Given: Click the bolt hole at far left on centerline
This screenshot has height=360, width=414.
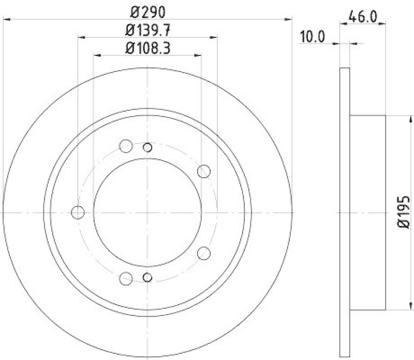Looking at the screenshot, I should pyautogui.click(x=78, y=212).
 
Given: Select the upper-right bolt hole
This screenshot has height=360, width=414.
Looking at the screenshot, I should pyautogui.click(x=204, y=170).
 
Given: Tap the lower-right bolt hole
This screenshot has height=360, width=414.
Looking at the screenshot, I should pyautogui.click(x=204, y=253).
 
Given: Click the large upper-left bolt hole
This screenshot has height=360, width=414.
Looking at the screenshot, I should pyautogui.click(x=126, y=146).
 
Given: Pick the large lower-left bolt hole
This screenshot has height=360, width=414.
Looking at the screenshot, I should pyautogui.click(x=126, y=279).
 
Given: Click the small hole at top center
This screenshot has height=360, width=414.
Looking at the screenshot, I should pyautogui.click(x=147, y=148).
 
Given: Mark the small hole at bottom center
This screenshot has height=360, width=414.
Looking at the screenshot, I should pyautogui.click(x=147, y=278).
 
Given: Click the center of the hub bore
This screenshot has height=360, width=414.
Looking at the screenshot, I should pyautogui.click(x=147, y=212).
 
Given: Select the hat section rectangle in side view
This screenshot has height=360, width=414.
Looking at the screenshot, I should pyautogui.click(x=368, y=212).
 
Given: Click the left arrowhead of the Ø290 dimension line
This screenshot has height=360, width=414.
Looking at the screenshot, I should pyautogui.click(x=6, y=20).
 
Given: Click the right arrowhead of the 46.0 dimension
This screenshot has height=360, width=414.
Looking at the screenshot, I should pyautogui.click(x=382, y=23).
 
